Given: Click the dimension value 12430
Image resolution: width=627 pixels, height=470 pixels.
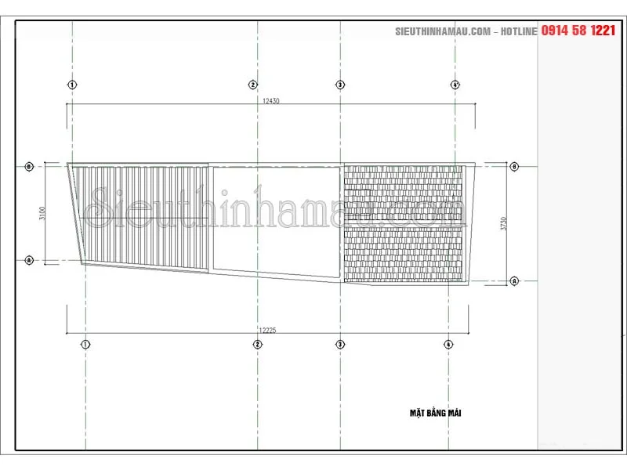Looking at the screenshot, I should [x=271, y=101].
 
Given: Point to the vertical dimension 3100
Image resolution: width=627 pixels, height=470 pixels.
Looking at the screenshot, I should [x=42, y=213].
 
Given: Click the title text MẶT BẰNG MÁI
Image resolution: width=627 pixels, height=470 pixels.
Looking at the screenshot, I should [x=435, y=413].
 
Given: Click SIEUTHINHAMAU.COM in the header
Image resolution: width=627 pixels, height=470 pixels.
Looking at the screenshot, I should [x=443, y=31].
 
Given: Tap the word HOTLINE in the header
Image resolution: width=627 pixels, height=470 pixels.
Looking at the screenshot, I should [x=518, y=31].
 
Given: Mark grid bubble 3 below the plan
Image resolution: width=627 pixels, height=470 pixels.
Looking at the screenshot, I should [x=340, y=344].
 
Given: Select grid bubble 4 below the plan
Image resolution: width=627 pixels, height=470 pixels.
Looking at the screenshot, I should [x=448, y=344].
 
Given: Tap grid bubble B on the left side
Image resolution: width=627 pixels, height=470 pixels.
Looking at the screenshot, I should [x=29, y=167].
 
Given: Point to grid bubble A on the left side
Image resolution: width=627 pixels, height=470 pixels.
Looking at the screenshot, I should [x=29, y=259].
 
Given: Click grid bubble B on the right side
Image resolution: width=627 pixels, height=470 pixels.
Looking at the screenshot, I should [x=515, y=167].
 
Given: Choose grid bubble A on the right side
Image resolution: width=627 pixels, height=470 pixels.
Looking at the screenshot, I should [x=515, y=280].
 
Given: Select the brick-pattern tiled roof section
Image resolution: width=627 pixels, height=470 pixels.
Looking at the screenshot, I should [x=408, y=223].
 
